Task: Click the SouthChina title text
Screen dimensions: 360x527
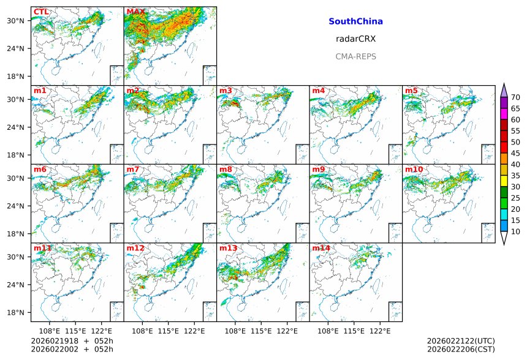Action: pos(355,21)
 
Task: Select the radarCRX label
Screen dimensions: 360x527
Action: pos(355,39)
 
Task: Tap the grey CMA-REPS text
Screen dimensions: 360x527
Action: pos(355,56)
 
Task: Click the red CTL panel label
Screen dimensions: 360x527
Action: pos(41,12)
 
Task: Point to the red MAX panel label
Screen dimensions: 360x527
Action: pos(135,12)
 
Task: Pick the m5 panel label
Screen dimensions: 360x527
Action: pos(411,91)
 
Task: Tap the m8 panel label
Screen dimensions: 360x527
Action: pos(226,170)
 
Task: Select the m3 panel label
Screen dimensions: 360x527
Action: pos(226,91)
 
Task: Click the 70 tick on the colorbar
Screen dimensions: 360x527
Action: pos(515,97)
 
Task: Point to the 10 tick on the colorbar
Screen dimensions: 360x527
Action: pos(515,231)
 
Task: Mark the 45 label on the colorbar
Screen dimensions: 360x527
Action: pos(515,153)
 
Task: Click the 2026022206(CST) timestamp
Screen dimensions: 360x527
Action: pos(460,350)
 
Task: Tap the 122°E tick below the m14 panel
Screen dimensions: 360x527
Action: pos(380,331)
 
